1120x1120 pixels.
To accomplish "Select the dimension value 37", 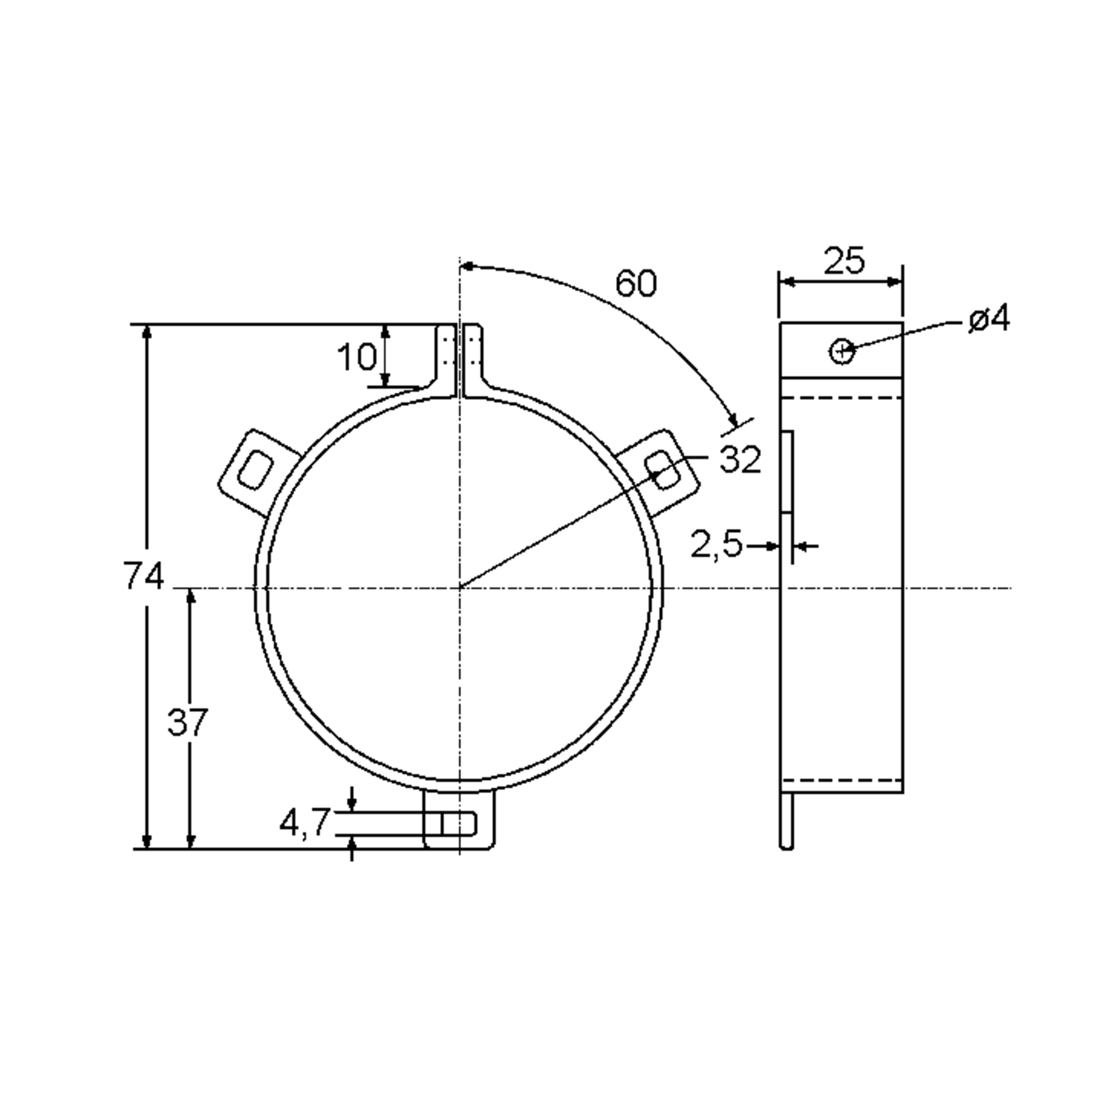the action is [187, 723].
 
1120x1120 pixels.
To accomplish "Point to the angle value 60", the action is [636, 283].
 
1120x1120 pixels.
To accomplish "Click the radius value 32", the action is [740, 460].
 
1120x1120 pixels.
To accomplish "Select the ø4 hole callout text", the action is [989, 319].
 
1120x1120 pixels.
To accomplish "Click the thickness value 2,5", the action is [716, 545].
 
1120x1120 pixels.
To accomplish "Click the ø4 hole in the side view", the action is [842, 351].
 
